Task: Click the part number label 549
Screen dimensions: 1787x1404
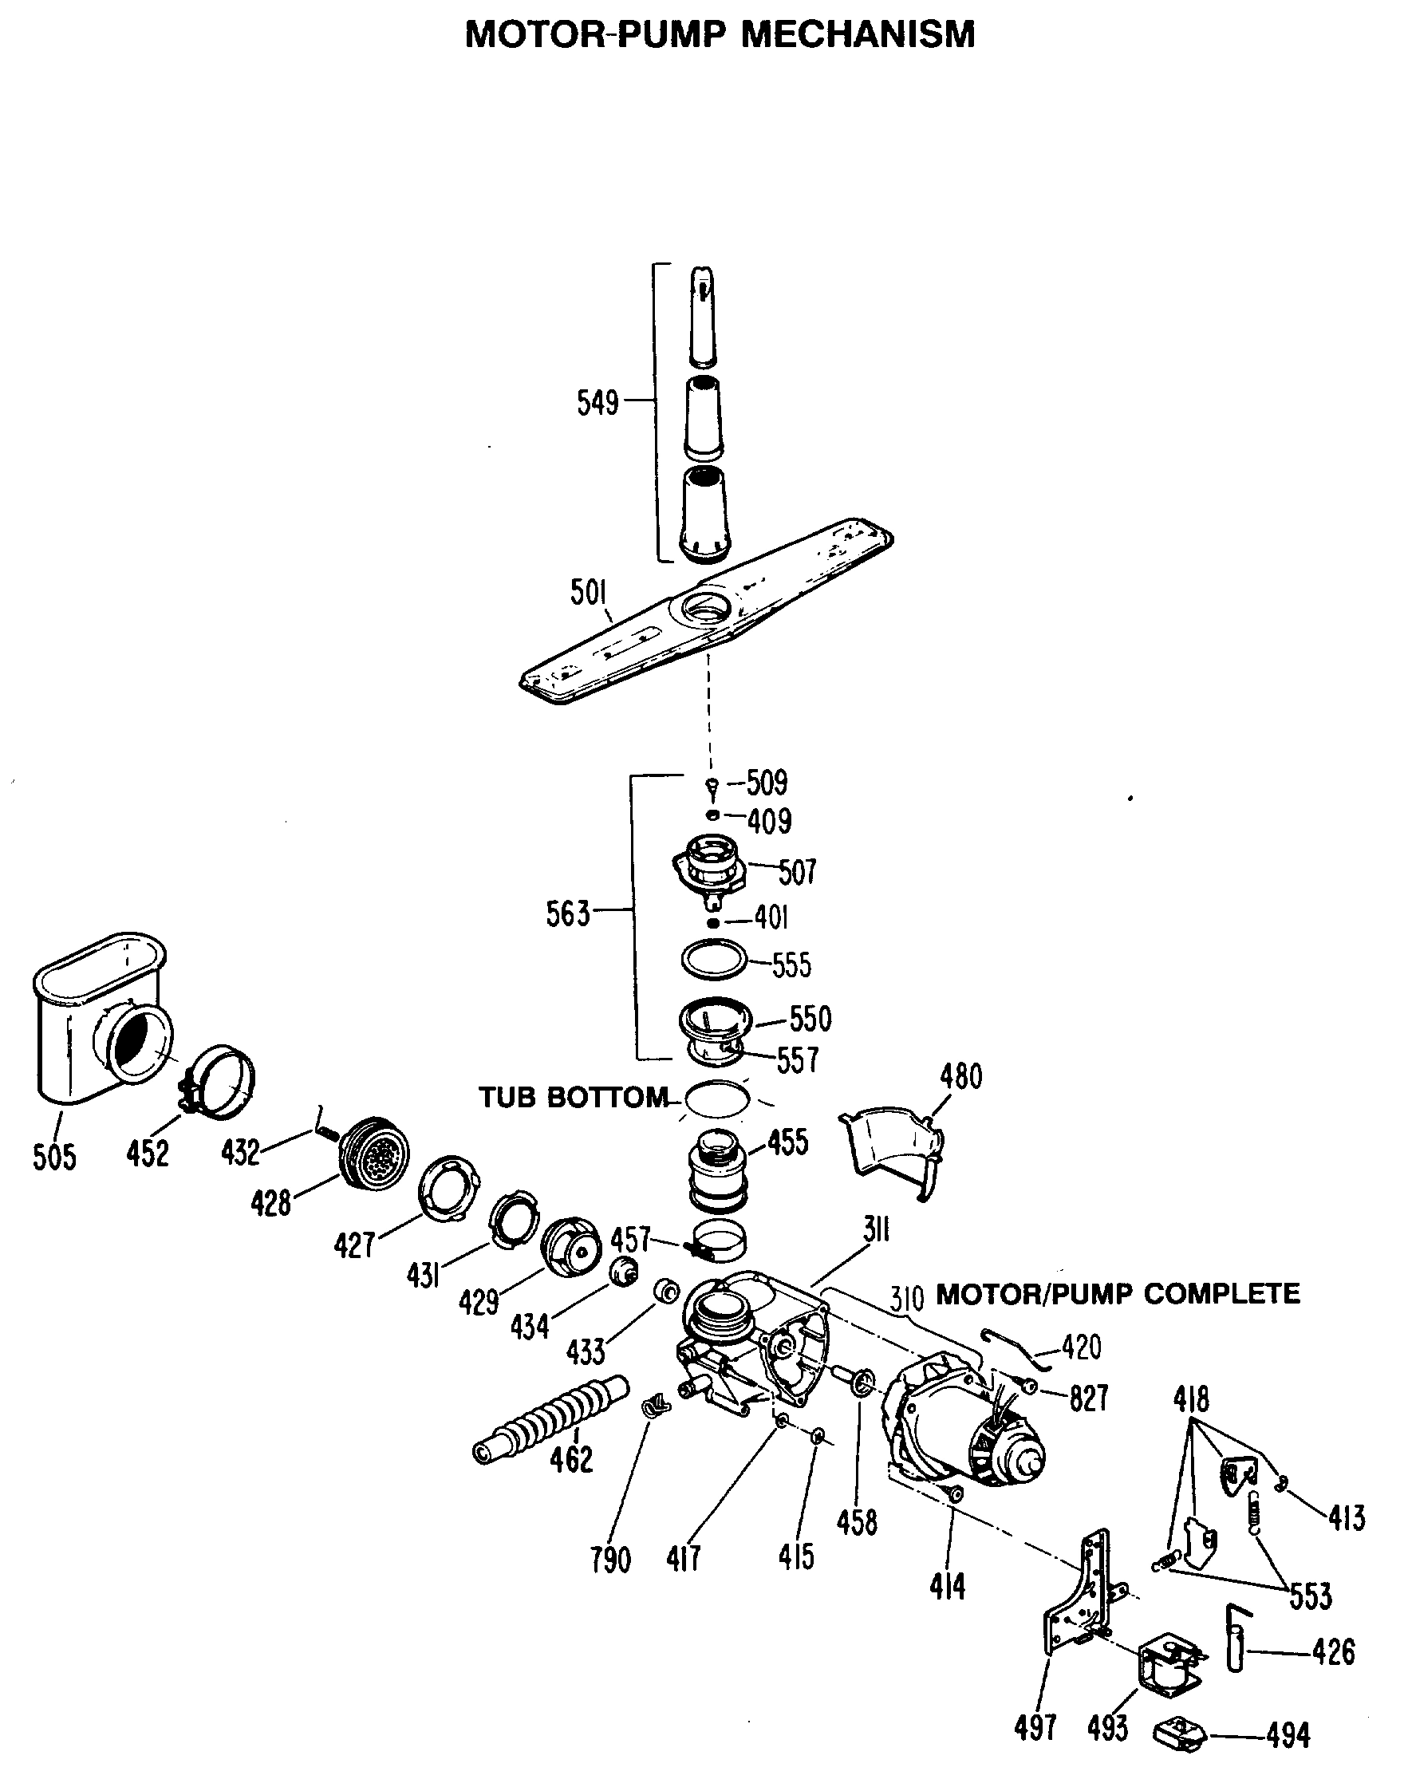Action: pos(597,403)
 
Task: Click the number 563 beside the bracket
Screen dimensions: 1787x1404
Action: pos(568,914)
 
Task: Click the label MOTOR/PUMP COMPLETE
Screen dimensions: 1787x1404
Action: pos(1118,1294)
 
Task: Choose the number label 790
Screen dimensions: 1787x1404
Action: pos(610,1559)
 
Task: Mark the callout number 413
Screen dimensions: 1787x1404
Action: pos(1347,1518)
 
